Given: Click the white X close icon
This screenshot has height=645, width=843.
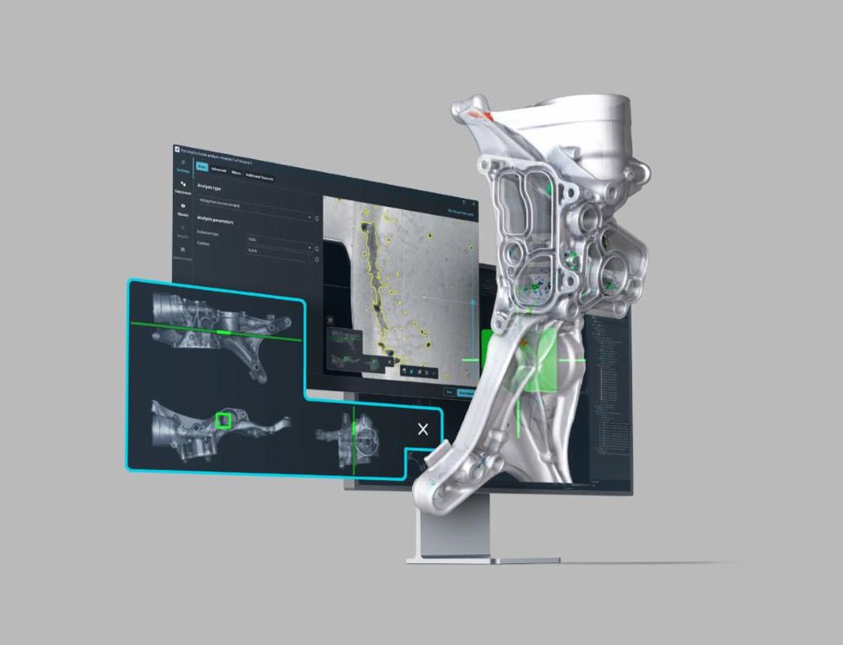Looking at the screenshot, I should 421,429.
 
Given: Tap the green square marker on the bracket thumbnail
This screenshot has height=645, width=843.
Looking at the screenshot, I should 225,420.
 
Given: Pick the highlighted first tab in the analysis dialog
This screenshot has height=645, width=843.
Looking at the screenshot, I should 202,167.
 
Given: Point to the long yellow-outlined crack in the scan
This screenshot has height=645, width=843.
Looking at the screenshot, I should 376,284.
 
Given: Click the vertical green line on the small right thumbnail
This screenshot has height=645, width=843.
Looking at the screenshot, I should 354,439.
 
